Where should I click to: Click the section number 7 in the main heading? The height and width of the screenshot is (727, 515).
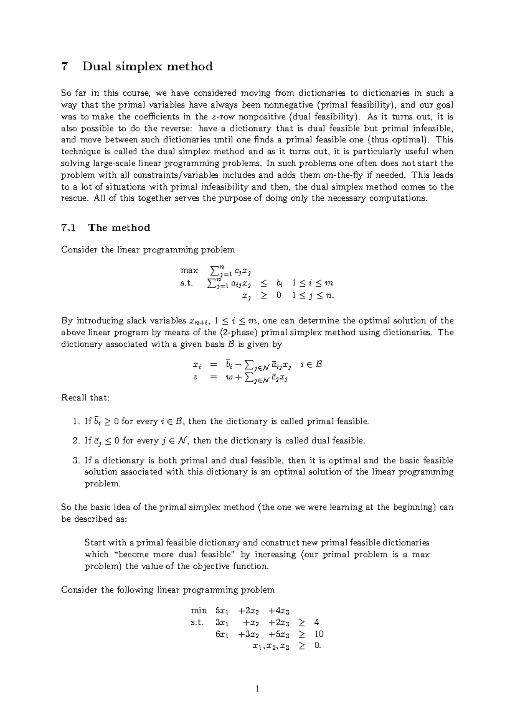(x=65, y=67)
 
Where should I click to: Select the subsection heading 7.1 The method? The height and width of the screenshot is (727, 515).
(x=106, y=228)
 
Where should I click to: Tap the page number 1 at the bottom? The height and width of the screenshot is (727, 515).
(x=257, y=689)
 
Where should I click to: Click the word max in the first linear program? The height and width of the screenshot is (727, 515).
(x=189, y=270)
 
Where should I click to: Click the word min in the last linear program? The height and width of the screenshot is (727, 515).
(x=199, y=610)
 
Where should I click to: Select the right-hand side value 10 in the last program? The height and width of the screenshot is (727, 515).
(x=319, y=634)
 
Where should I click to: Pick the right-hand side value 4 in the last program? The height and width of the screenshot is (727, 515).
(x=317, y=622)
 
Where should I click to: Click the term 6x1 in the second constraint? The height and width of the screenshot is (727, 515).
(x=222, y=634)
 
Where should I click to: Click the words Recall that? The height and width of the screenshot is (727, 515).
(x=85, y=398)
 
